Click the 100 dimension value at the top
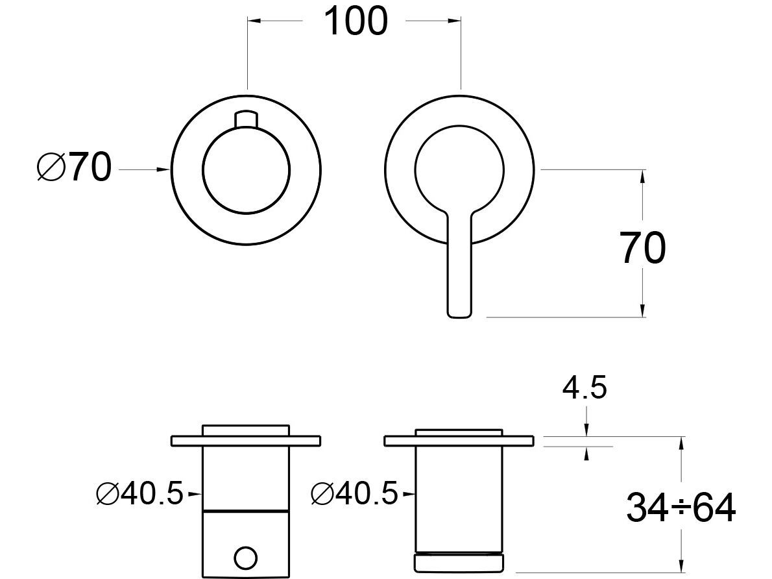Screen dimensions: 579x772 pos(355,21)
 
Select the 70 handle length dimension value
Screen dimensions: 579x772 pos(643,249)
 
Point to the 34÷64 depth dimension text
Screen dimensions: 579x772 pos(681,508)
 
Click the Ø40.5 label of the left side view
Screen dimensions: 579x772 pos(139,495)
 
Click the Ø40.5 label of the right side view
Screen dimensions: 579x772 pos(355,495)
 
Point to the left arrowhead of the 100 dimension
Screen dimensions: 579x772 pos(254,21)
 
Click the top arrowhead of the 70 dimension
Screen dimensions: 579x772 pos(643,177)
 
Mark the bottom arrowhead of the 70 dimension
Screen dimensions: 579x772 pos(643,311)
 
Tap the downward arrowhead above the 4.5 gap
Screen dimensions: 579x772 pos(586,431)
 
